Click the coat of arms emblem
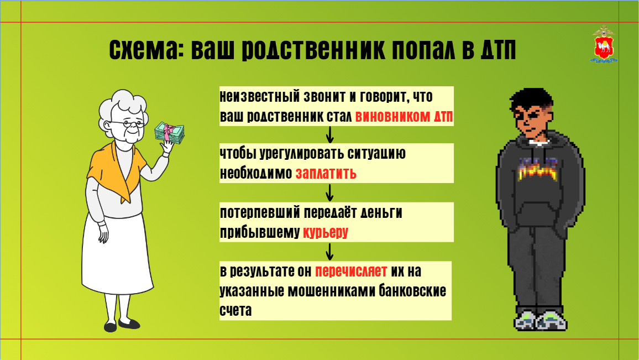(604, 45)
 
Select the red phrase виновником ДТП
(404, 117)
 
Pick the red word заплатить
(326, 173)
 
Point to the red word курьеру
(325, 232)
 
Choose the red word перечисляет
(351, 271)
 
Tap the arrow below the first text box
(329, 134)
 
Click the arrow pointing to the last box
(329, 252)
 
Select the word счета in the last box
(235, 310)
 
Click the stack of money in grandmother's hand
(170, 133)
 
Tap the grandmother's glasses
(128, 123)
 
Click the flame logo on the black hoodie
(537, 169)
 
